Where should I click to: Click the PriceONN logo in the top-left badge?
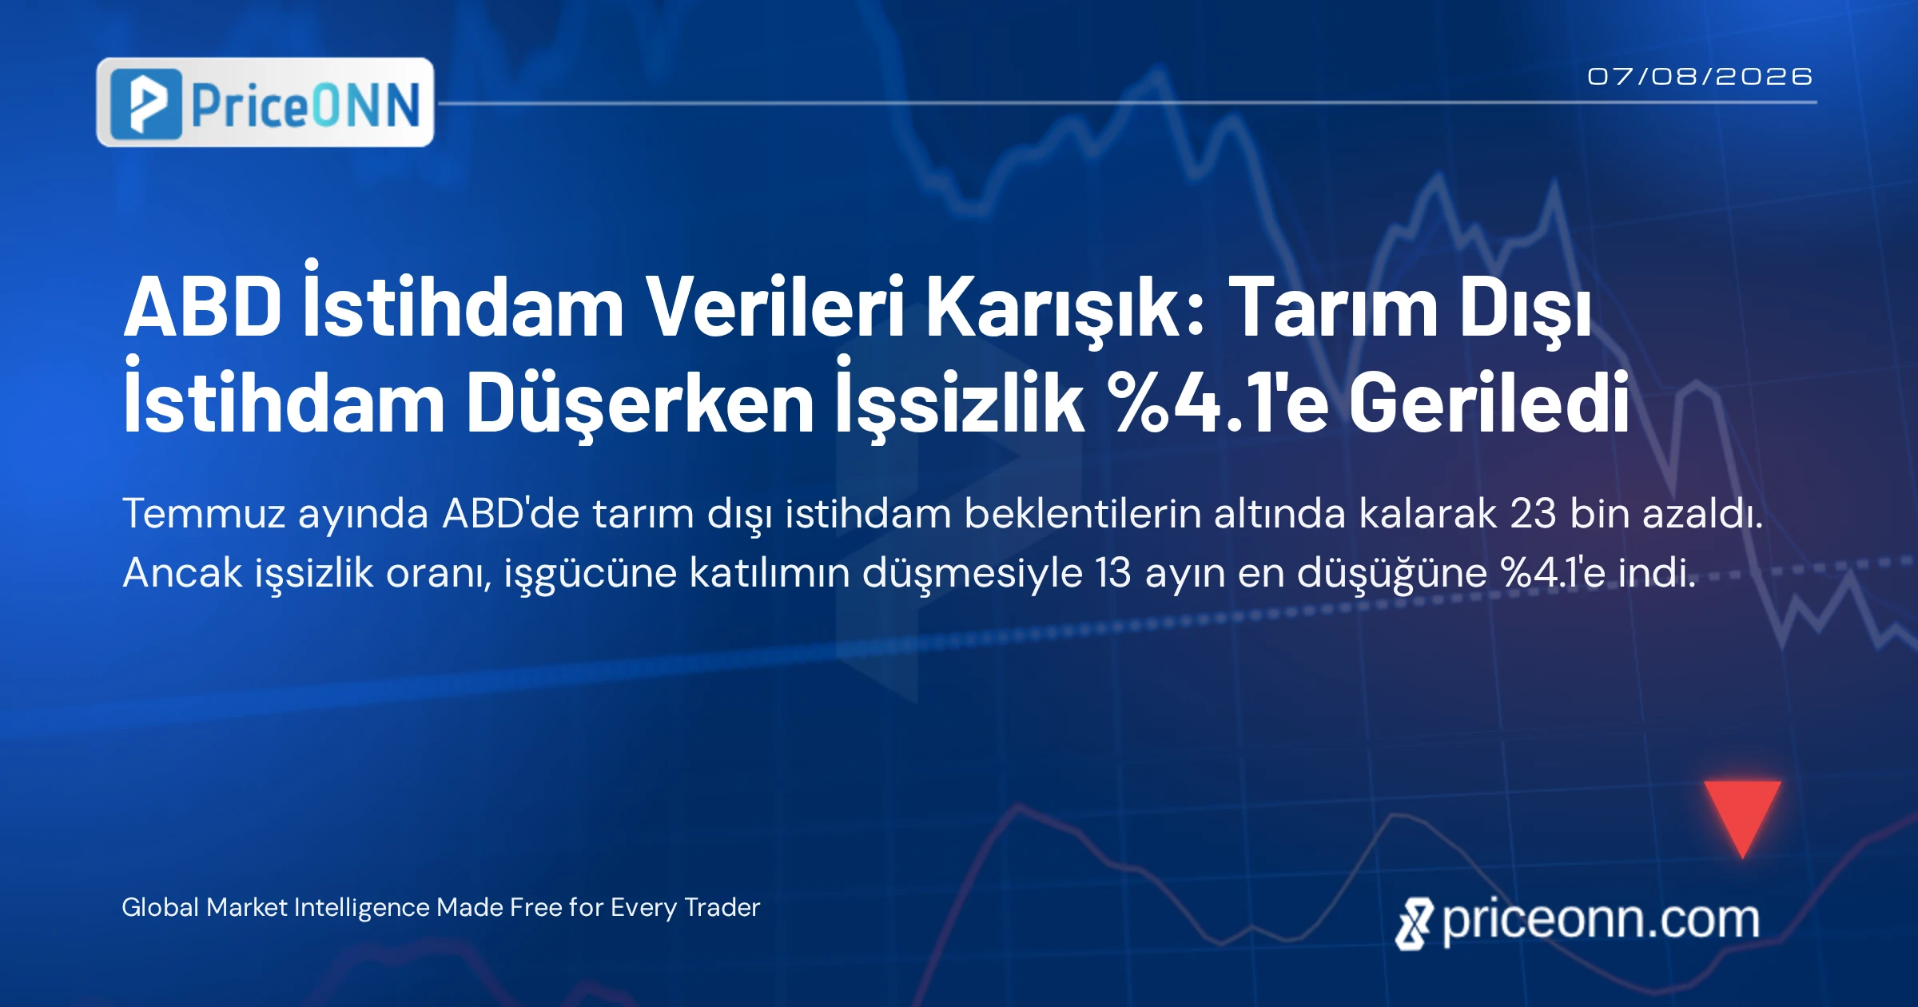pyautogui.click(x=265, y=102)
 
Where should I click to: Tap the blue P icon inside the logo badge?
pyautogui.click(x=146, y=104)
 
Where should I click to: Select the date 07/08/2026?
pyautogui.click(x=1700, y=77)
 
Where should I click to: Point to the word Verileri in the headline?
pyautogui.click(x=774, y=306)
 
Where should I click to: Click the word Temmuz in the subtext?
pyautogui.click(x=204, y=513)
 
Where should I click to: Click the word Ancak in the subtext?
pyautogui.click(x=182, y=572)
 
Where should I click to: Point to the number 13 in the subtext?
pyautogui.click(x=1113, y=572)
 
